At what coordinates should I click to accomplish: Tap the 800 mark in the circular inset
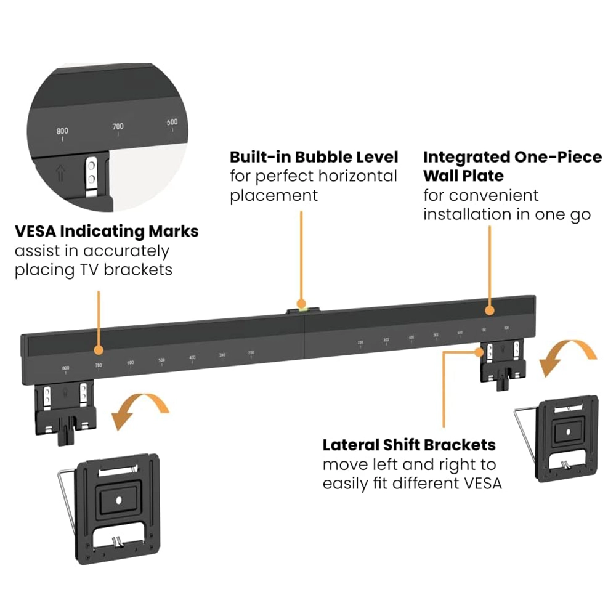coord(62,131)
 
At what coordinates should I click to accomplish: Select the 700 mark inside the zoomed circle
coord(118,126)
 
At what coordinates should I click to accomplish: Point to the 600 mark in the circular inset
coord(172,122)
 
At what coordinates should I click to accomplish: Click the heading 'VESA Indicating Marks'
coord(107,232)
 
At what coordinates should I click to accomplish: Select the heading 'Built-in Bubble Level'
coord(314,156)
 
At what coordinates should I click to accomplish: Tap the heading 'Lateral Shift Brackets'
coord(409,445)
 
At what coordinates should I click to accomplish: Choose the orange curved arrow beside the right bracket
coord(568,357)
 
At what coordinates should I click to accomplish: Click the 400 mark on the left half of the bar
coord(192,357)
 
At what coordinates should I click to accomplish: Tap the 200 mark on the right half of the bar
coord(360,342)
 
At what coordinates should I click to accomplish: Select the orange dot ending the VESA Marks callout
coord(98,349)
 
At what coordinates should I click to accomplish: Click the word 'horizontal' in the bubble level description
coord(357,176)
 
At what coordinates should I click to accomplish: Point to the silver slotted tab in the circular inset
coord(92,173)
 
